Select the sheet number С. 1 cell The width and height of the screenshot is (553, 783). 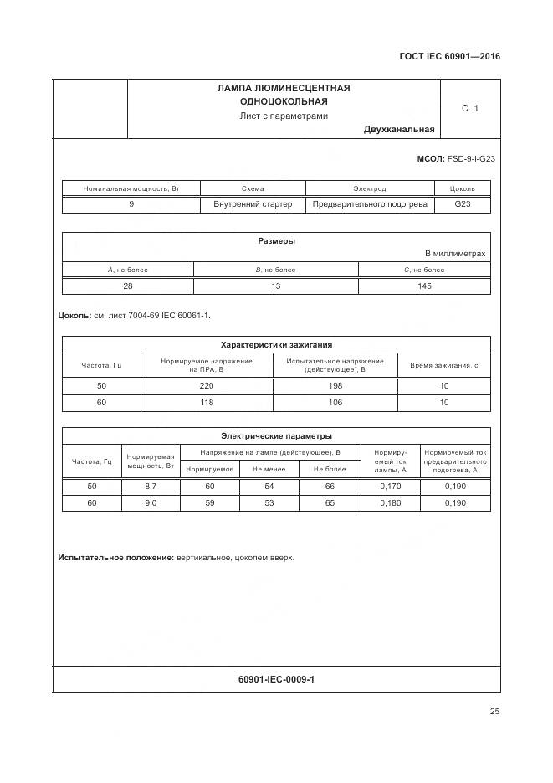tap(469, 109)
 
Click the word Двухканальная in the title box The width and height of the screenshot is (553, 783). tap(399, 130)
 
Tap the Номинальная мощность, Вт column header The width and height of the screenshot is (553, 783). tap(131, 188)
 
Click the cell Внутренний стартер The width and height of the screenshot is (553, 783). tap(252, 204)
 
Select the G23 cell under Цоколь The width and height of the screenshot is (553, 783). tap(462, 204)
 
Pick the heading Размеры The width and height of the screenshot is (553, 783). tap(276, 241)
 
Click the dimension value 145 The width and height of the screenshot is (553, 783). tap(424, 286)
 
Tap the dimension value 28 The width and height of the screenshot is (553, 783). tap(128, 286)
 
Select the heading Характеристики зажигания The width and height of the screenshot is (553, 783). tap(276, 344)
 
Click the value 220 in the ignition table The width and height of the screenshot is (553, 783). tap(207, 386)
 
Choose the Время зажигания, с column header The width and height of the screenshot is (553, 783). tap(444, 365)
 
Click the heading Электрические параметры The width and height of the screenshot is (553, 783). tap(276, 435)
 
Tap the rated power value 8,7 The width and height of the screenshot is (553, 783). tap(151, 487)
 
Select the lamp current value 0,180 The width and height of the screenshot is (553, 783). tap(390, 503)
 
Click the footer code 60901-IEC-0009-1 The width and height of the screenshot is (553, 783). tap(276, 679)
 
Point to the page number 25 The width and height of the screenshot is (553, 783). tap(494, 712)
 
